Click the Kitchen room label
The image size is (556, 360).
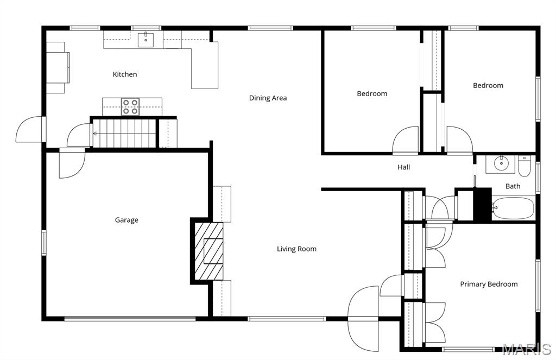coord(125,74)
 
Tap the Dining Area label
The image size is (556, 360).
coord(268,98)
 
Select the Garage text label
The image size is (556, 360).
coord(127,220)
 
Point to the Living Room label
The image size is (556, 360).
coord(296,249)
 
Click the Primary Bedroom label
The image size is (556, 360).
coord(489,284)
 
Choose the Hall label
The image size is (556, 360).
coord(403,167)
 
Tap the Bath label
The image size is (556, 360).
coord(513,186)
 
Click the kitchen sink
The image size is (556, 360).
coord(146,40)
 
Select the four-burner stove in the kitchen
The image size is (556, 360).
coord(130,106)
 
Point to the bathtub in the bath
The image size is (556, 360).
coord(513,208)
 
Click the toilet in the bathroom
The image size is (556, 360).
coord(524,167)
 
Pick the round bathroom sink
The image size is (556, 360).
coord(500,163)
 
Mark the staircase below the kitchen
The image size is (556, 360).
coord(124,133)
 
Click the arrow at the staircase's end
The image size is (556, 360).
coord(96,133)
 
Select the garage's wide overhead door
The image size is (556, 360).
coord(130,319)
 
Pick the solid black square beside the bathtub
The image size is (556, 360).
coord(482,204)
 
